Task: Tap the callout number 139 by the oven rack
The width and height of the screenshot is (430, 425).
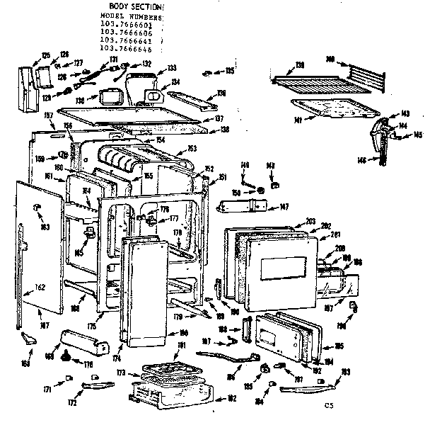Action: (300, 64)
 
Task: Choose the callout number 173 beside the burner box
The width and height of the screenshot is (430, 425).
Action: (120, 371)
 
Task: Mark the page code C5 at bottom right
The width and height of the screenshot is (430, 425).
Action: (329, 405)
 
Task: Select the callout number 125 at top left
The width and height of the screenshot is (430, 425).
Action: (46, 55)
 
